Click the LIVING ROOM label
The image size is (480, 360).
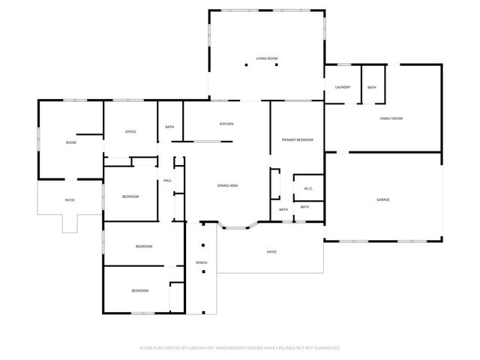coord(266,58)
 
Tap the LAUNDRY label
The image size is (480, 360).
coord(342,88)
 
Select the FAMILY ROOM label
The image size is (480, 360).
coord(391,118)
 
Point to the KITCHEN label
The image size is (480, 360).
coord(226,124)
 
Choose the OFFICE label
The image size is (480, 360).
coord(130,132)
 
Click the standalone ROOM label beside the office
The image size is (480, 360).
coord(71,142)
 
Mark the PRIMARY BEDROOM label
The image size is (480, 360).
coord(297,140)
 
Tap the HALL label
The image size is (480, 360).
coord(167,180)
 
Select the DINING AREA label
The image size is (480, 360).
coord(228,185)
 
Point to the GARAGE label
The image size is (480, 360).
coord(382,199)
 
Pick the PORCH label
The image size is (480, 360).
coord(201,262)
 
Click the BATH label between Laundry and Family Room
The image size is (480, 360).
coord(372,88)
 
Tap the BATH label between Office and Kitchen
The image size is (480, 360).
coord(169,127)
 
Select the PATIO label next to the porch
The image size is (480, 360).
coord(271,252)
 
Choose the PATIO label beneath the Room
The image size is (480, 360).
coord(69,200)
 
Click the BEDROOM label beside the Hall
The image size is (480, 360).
coord(130,196)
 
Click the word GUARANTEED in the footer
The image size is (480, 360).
coord(324,348)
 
